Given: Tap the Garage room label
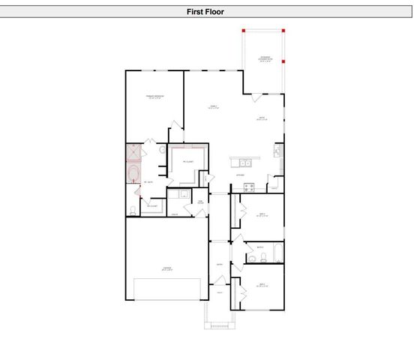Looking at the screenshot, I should coord(166,268).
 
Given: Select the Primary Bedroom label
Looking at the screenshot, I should coord(154,98).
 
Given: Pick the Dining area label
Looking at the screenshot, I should coord(262,118).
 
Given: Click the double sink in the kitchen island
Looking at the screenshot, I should coord(244,162).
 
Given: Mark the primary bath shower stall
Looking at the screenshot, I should coord(133,152).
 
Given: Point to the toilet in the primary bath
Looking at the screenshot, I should coord(133,209).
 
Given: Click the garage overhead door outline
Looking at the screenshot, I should coord(166,289).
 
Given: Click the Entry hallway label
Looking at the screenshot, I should coord(220,264).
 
